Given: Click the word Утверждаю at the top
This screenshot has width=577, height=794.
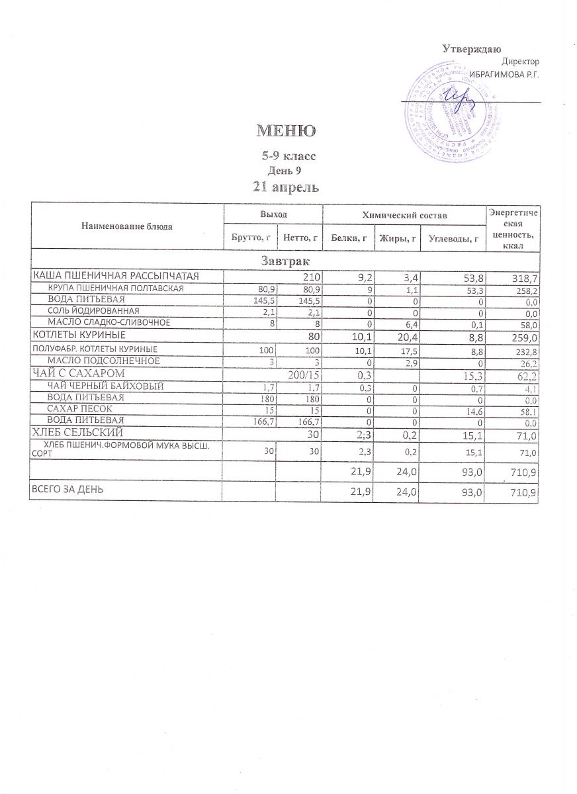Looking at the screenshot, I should tap(471, 48).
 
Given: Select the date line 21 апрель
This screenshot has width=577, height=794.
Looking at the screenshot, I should tap(287, 187).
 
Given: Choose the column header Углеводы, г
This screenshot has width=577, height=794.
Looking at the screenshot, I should tap(453, 238).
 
